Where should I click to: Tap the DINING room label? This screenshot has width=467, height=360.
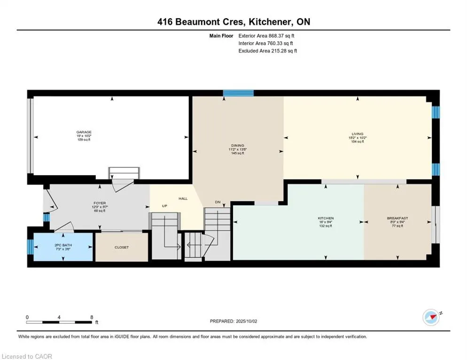click(237, 145)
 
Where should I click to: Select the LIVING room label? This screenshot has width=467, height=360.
click(357, 134)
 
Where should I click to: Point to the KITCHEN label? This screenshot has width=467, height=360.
click(326, 218)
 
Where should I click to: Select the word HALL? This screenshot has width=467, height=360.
click(183, 199)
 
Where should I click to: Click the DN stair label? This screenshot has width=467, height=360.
click(218, 202)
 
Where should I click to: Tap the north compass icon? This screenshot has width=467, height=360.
click(432, 317)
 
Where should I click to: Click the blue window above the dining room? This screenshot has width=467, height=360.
click(235, 93)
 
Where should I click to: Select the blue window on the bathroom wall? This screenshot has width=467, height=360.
click(30, 246)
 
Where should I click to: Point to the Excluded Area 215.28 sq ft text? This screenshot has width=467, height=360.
click(267, 51)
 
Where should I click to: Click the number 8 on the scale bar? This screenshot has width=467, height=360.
click(92, 317)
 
